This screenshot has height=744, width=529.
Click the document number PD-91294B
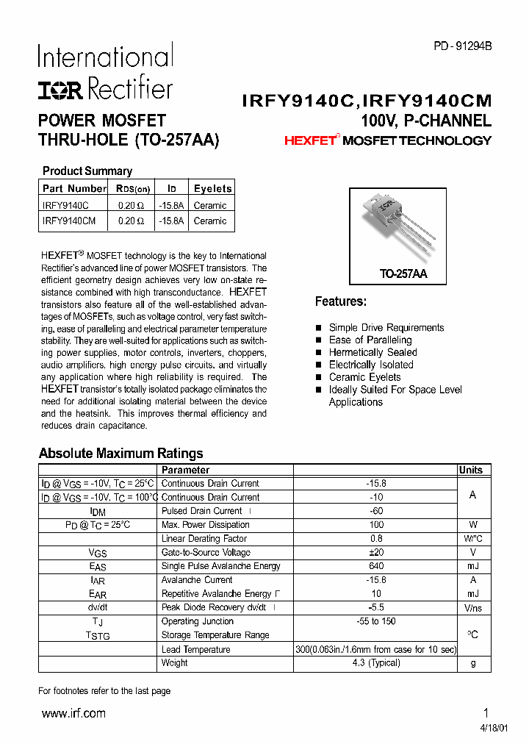(462, 46)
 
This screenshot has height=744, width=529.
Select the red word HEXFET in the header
(309, 140)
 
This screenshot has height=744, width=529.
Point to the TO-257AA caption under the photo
(403, 273)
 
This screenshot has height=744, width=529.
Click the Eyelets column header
(212, 188)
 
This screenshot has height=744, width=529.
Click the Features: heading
(340, 301)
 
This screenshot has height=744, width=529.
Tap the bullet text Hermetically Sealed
(373, 352)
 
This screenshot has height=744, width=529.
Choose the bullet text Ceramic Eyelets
(364, 377)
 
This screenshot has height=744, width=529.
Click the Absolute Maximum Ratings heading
(120, 453)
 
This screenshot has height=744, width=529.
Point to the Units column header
(471, 470)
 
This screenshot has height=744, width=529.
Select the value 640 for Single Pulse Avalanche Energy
(375, 566)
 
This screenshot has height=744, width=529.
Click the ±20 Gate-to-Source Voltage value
(375, 552)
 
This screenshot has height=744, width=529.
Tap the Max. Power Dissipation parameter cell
(205, 525)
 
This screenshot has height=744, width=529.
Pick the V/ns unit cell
(472, 608)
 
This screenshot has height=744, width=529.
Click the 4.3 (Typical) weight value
(375, 662)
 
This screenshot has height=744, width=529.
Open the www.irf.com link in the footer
(73, 713)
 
